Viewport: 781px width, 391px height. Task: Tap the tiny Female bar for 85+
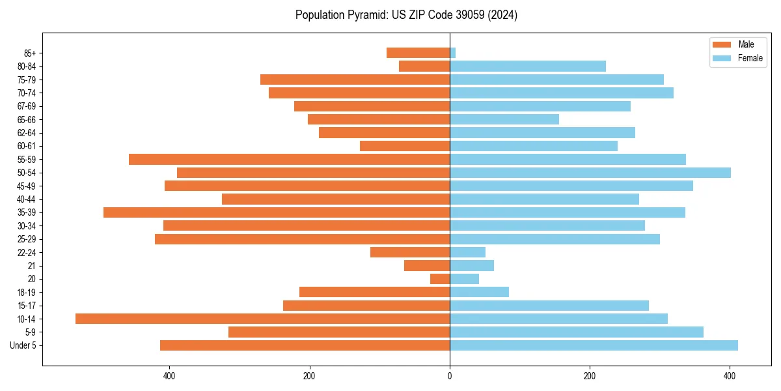tap(452, 53)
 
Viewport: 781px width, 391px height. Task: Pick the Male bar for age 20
tap(440, 279)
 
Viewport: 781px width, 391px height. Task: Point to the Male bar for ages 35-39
tap(277, 212)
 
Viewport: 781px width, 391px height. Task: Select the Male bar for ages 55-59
tap(289, 159)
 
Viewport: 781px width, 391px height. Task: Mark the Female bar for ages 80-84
tap(528, 66)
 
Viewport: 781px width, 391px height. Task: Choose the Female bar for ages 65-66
tap(504, 119)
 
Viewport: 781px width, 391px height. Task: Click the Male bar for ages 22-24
tap(410, 252)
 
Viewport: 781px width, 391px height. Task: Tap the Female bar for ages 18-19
tap(479, 292)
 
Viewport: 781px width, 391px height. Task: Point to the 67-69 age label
tap(27, 106)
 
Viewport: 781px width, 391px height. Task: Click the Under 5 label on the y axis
tap(23, 345)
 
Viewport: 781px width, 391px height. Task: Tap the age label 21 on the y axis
tap(32, 266)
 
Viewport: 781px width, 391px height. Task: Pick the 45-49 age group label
tap(27, 186)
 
